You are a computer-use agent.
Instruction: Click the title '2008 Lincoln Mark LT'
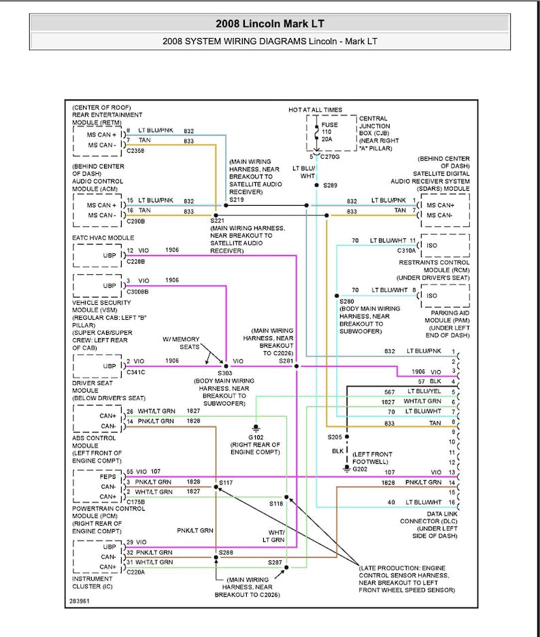click(269, 23)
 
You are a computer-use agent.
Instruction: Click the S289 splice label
click(330, 185)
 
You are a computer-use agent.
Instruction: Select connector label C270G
click(330, 157)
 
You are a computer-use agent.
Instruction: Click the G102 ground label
click(256, 438)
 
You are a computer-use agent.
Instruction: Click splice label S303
click(224, 373)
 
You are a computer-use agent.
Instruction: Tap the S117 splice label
click(226, 482)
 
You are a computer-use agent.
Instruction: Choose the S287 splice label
click(275, 562)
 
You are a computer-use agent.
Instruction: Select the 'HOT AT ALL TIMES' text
click(316, 110)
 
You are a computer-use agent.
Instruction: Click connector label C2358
click(135, 151)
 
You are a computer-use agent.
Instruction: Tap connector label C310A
click(407, 251)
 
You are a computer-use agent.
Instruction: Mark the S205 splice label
click(335, 437)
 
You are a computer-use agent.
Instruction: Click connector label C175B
click(136, 501)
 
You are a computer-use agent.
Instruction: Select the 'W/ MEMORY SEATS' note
click(181, 343)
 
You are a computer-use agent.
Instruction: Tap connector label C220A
click(136, 572)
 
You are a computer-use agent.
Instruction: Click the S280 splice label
click(347, 301)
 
